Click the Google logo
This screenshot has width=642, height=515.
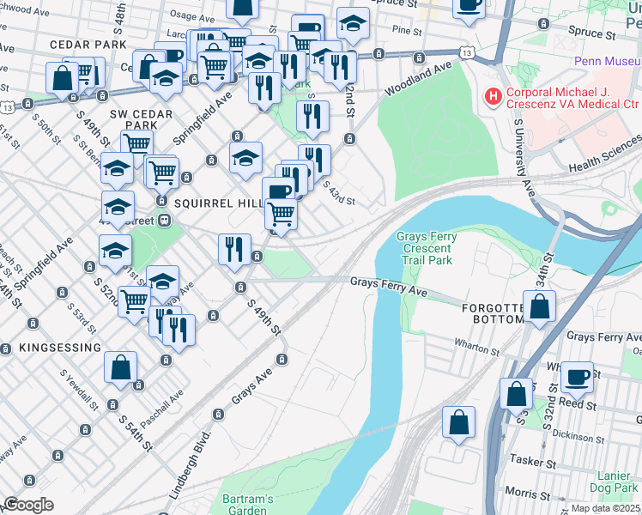[28, 505]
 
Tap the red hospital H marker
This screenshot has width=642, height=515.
[494, 98]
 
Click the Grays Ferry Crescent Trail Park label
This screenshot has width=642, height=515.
[424, 248]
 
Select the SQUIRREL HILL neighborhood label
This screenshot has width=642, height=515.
[216, 204]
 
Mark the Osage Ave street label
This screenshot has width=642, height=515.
[185, 15]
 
